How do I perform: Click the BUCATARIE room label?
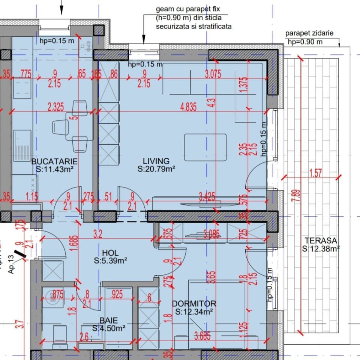coord(54,162)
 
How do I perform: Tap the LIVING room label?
coord(156,162)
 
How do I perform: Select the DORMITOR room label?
coord(194,303)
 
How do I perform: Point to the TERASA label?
coord(321,241)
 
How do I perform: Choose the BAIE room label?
coord(108,321)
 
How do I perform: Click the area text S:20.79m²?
coord(156,169)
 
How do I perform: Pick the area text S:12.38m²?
coord(321,248)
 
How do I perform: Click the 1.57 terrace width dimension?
coord(316,173)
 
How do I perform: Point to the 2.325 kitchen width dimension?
coord(55,107)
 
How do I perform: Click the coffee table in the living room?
coord(205,146)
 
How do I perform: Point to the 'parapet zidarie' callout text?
coord(309,34)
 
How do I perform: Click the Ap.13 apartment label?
coord(11,264)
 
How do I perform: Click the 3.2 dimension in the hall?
coord(97,235)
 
